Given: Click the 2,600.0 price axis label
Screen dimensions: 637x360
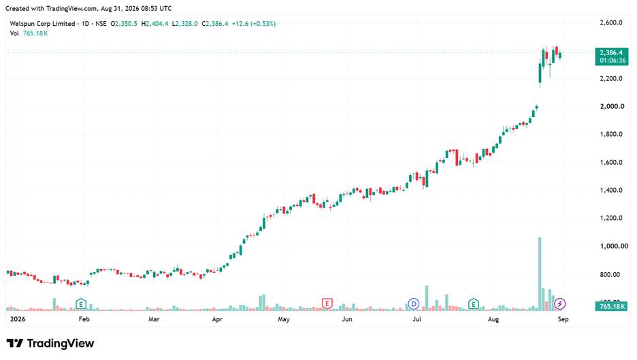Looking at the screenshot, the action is [611, 22].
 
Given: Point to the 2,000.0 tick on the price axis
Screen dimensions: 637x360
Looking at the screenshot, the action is [611, 106].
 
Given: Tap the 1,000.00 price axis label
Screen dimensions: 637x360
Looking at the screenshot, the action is [614, 246].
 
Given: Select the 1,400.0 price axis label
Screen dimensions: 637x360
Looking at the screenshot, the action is [611, 190].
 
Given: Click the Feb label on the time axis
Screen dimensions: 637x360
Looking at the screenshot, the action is [84, 319].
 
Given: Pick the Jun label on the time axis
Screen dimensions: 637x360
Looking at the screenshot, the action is [347, 319].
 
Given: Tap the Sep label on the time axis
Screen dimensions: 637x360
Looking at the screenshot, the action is [563, 319].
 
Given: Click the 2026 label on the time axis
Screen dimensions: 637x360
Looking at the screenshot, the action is [18, 319].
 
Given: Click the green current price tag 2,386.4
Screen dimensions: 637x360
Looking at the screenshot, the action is [611, 56].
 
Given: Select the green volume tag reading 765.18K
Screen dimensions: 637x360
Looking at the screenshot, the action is [611, 306].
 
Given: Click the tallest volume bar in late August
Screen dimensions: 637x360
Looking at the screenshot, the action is [540, 274].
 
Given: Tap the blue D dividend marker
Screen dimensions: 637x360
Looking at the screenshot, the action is [413, 304].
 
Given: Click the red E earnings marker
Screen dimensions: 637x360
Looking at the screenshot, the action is [327, 304].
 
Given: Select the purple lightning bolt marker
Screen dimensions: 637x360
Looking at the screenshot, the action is [560, 304].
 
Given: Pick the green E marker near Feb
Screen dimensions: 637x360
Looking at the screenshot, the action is [81, 304].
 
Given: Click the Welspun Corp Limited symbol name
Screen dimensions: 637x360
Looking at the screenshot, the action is [42, 24].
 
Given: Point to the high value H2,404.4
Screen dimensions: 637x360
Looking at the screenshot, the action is [154, 24].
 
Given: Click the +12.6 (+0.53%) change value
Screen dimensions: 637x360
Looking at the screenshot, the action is [253, 24].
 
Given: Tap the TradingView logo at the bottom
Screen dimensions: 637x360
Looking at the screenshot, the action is [50, 344].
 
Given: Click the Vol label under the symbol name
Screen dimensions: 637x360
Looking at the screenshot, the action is [14, 33].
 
